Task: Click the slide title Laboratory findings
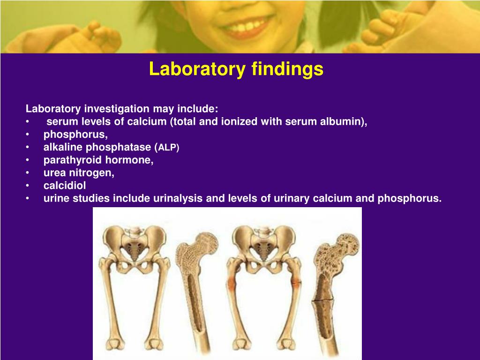(x=236, y=69)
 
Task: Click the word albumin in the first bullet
(x=345, y=122)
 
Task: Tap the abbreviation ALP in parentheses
(x=168, y=148)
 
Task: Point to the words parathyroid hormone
(x=98, y=160)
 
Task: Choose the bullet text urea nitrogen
(x=79, y=172)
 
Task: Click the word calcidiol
(x=65, y=185)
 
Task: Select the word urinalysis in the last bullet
(x=178, y=198)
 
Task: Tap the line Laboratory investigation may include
(x=122, y=109)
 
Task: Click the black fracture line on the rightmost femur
(x=323, y=300)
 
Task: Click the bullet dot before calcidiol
(x=28, y=186)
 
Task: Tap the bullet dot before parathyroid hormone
(x=28, y=160)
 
